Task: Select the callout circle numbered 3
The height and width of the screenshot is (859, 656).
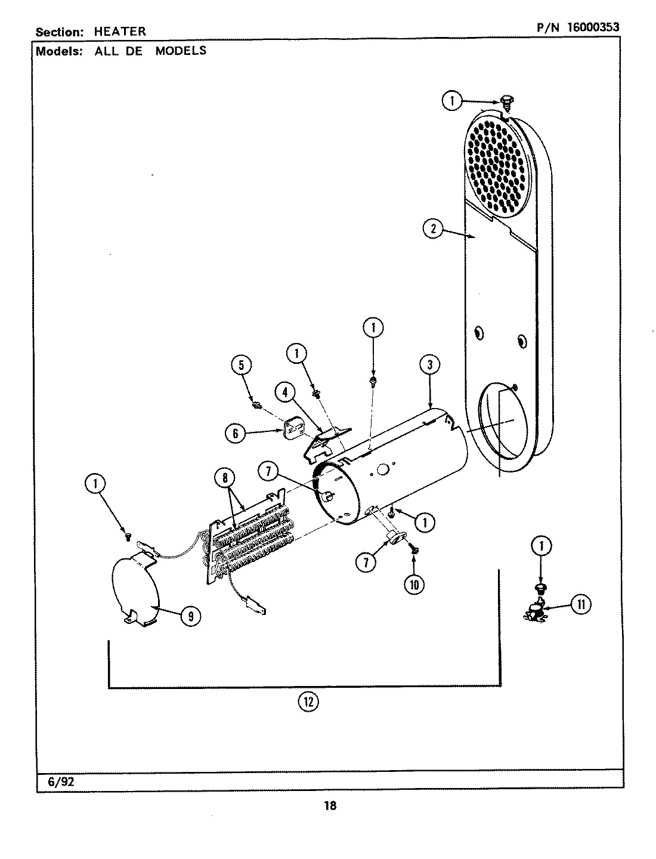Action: (x=429, y=364)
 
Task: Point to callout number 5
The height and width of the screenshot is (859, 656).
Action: (x=242, y=364)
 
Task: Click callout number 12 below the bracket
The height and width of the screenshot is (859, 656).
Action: (x=308, y=702)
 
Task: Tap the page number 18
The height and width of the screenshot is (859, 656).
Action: (x=330, y=806)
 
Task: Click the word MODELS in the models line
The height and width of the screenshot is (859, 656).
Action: (x=181, y=51)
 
